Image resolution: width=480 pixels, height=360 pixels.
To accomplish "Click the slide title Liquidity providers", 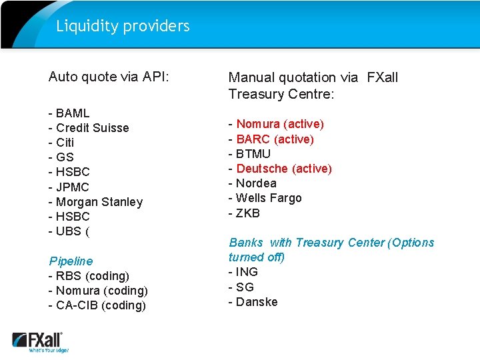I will [x=123, y=26].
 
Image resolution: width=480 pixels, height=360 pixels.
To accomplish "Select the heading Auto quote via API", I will [x=109, y=77].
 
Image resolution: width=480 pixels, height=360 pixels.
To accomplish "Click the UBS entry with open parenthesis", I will [x=69, y=231].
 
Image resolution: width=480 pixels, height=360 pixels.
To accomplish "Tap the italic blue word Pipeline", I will [x=71, y=261].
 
